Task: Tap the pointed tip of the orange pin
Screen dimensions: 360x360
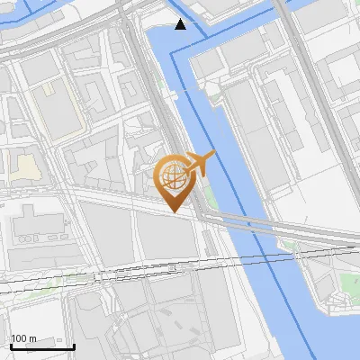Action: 175,211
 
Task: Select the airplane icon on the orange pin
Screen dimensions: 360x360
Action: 200,164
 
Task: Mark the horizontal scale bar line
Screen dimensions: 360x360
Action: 41,346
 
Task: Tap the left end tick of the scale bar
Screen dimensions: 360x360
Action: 10,344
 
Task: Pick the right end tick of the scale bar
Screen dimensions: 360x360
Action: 74,344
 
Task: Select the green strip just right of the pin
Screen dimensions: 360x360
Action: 210,193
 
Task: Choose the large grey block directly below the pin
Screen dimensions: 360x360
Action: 166,238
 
